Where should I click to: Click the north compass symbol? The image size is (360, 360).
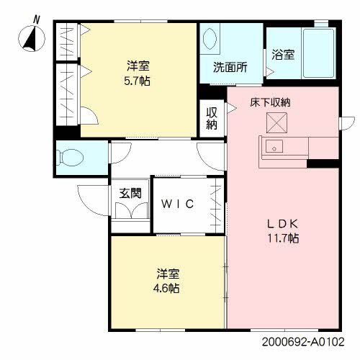(32, 38)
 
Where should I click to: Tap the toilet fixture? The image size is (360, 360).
(70, 158)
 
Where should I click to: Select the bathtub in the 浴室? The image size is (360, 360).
(318, 53)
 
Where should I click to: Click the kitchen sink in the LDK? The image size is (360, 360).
(274, 146)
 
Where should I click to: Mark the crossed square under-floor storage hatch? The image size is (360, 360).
(276, 122)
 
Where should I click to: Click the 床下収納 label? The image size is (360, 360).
(270, 102)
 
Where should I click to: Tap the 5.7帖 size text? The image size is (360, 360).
(137, 81)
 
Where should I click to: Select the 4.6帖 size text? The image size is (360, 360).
(166, 288)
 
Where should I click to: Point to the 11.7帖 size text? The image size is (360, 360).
(283, 238)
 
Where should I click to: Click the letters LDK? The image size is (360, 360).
(283, 224)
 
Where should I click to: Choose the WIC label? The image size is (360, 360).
(177, 204)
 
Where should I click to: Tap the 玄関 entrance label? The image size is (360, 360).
(130, 193)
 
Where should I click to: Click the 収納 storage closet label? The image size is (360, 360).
(212, 119)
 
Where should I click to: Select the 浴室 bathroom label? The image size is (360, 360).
(283, 55)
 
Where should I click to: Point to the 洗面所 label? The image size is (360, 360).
(230, 68)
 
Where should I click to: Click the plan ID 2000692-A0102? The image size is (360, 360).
(303, 341)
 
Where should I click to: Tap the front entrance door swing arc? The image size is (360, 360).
(88, 204)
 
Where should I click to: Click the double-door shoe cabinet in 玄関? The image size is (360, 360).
(131, 210)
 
